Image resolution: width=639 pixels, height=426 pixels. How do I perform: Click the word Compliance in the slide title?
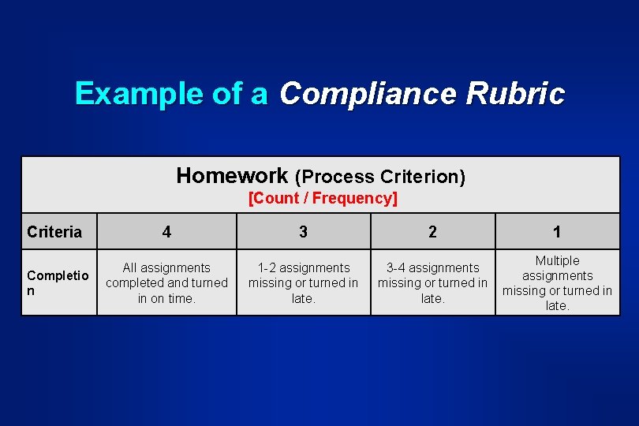point(368,94)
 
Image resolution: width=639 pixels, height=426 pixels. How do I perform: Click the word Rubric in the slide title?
point(515,94)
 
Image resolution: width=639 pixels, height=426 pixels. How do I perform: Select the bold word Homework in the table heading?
point(232,175)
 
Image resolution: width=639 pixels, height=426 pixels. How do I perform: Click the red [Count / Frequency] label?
point(323,198)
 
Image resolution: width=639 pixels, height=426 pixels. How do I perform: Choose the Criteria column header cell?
point(54,232)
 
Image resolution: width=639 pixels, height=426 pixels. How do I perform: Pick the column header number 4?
point(166,232)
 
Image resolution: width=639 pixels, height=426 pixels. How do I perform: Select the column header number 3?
point(303,232)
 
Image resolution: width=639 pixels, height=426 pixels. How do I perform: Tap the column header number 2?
point(432,232)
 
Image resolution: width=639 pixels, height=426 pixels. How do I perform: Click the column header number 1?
point(557,232)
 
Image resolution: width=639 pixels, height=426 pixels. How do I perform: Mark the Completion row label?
point(58,282)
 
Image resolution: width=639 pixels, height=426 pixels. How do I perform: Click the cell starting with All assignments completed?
point(166,282)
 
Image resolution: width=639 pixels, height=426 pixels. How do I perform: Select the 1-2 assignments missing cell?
point(303,282)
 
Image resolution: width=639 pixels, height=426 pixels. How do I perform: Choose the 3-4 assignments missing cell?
point(432,282)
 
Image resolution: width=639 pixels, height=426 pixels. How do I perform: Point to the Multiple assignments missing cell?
point(557,282)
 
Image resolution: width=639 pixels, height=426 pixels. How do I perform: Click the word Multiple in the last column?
point(557,261)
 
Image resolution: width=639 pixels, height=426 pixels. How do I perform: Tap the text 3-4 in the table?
point(398,268)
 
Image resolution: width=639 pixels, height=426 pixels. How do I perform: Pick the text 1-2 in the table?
point(269,268)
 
